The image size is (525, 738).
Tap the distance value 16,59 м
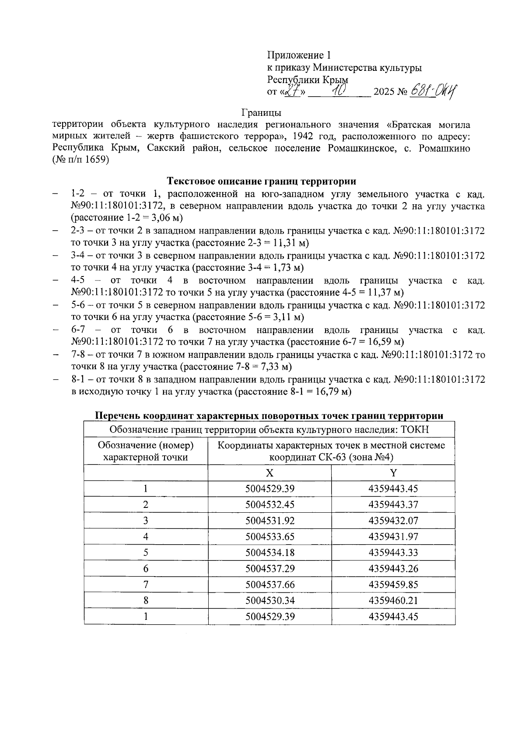(x=383, y=342)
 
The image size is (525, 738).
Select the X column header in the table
(x=269, y=473)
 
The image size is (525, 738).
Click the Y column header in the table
(x=393, y=473)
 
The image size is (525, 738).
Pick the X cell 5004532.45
(x=269, y=505)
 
